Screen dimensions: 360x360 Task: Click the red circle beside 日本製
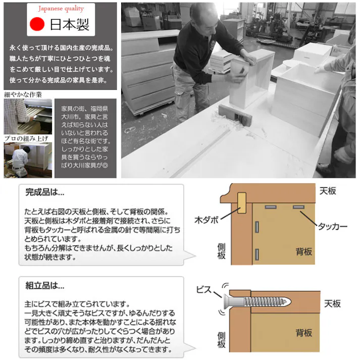(x=37, y=24)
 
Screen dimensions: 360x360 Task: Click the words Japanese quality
(x=61, y=9)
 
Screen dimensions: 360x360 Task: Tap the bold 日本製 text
(x=70, y=25)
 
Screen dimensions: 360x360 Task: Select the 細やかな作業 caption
(x=23, y=94)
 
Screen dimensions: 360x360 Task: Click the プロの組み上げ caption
(x=27, y=138)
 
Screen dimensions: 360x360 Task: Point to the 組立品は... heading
(x=45, y=286)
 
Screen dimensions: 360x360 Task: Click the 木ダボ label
(x=207, y=220)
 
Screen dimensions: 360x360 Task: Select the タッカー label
(x=332, y=227)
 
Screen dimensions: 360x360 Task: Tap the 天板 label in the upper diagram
(x=328, y=191)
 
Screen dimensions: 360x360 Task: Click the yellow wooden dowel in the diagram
(x=241, y=202)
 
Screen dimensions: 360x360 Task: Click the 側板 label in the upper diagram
(x=221, y=251)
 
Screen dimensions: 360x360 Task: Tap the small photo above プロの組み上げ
(x=28, y=117)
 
